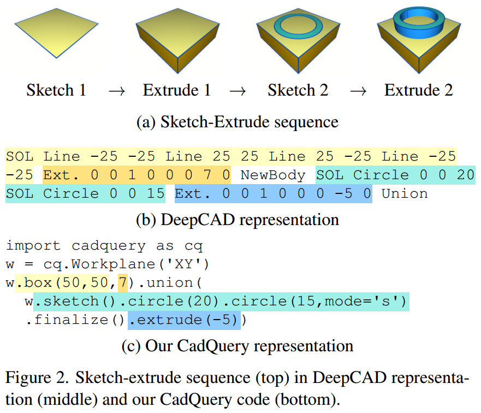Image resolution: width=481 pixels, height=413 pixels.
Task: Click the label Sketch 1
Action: click(x=56, y=90)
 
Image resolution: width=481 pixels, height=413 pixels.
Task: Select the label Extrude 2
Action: click(x=418, y=90)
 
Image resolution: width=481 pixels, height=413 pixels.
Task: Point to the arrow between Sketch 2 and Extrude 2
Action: click(x=357, y=91)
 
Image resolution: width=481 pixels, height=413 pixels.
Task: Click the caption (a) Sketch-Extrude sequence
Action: click(x=237, y=121)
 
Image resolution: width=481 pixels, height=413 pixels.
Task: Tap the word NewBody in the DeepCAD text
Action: click(x=272, y=175)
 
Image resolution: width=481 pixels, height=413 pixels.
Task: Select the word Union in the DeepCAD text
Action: click(x=405, y=194)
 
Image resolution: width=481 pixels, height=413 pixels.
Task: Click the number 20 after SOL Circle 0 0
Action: click(x=466, y=175)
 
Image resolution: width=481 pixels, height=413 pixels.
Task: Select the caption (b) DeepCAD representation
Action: click(x=237, y=220)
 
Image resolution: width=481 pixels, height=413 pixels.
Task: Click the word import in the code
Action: click(x=33, y=245)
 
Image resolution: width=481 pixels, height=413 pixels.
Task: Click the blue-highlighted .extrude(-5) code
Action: click(x=184, y=320)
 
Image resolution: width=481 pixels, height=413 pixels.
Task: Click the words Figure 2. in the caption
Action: click(x=38, y=377)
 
